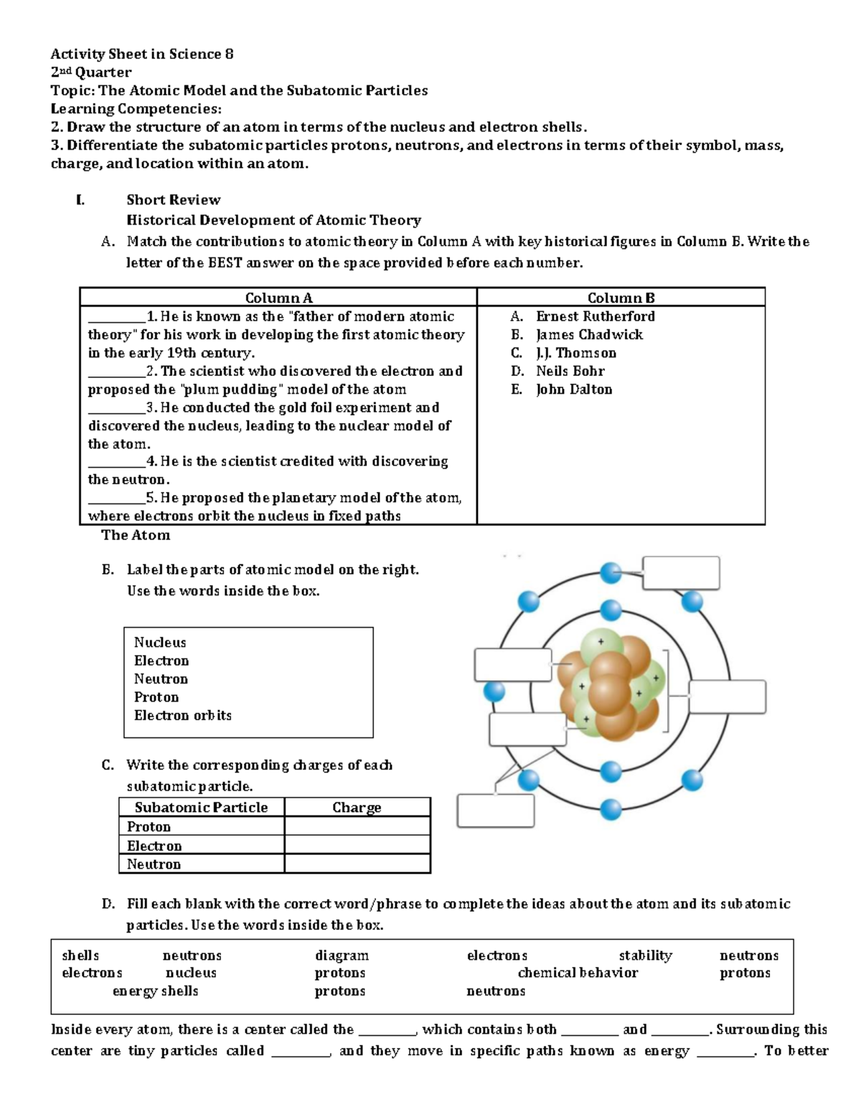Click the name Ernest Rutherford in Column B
point(595,316)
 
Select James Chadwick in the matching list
point(589,335)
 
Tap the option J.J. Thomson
point(575,353)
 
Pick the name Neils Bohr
point(570,371)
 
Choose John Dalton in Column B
point(574,390)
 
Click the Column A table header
point(278,298)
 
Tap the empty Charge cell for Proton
point(357,826)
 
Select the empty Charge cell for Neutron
point(357,864)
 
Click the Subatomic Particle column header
point(201,808)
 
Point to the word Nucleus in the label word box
point(160,643)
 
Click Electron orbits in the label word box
point(183,715)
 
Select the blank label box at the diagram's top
point(681,573)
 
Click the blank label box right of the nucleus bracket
point(727,697)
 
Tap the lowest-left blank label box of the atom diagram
point(496,811)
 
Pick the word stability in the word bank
point(645,955)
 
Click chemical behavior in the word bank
point(578,973)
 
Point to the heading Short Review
point(173,200)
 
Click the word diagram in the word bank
point(342,955)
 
